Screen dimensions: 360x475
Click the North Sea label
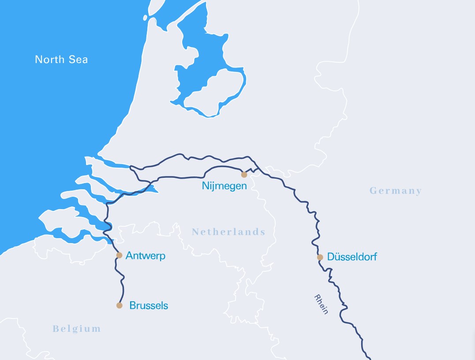point(61,60)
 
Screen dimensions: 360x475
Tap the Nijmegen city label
point(224,186)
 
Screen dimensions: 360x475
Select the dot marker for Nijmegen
point(244,175)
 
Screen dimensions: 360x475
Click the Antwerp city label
point(146,255)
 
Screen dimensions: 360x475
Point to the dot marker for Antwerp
point(119,255)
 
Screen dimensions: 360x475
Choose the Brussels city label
point(149,305)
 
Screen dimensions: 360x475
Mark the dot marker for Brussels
point(119,305)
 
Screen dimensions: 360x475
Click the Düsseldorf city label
point(352,257)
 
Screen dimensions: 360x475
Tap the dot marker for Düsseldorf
point(320,257)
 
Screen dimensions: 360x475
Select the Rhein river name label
point(322,304)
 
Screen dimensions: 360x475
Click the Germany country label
point(396,191)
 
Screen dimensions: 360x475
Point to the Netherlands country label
point(228,232)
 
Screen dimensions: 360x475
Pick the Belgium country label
point(77,329)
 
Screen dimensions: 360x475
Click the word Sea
point(78,60)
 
